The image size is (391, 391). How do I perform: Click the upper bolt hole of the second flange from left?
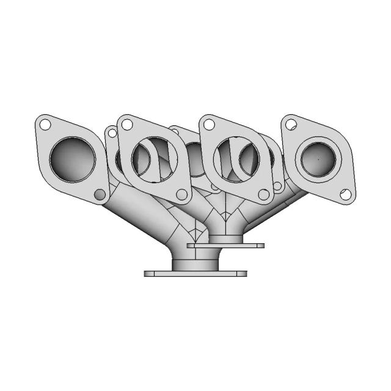tap(127, 125)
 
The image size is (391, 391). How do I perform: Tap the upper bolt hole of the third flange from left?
tap(209, 125)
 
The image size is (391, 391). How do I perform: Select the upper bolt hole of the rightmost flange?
tap(291, 125)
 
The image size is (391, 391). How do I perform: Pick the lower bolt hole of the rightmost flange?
tap(346, 195)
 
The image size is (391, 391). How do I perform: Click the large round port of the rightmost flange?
tap(318, 159)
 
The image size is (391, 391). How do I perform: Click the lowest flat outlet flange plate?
tap(195, 274)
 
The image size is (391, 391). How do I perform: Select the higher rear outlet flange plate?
tap(244, 245)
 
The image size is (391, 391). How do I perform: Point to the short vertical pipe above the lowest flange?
tap(194, 263)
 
